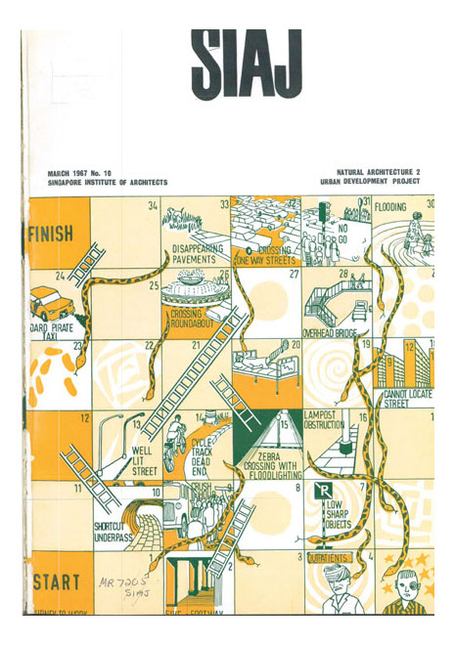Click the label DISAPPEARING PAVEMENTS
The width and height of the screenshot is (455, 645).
coord(199,254)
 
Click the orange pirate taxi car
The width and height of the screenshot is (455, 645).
coord(50,303)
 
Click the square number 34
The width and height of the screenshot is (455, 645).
coord(153,206)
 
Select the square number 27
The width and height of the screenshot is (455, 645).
coord(293,275)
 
